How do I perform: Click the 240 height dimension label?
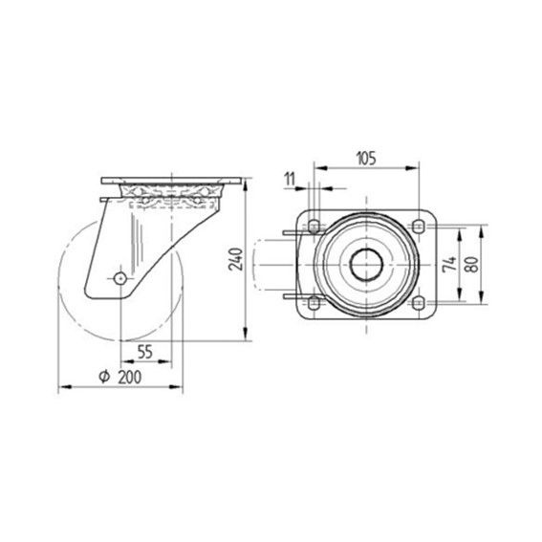point(236,259)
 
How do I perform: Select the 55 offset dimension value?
point(145,352)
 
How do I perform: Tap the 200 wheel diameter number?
point(130,378)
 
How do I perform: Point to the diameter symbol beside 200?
point(104,377)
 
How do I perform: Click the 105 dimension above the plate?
point(366,159)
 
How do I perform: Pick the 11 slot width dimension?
point(290,180)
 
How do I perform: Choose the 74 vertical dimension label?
point(449,265)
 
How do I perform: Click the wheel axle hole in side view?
point(119,278)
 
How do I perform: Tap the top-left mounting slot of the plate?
point(314,227)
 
